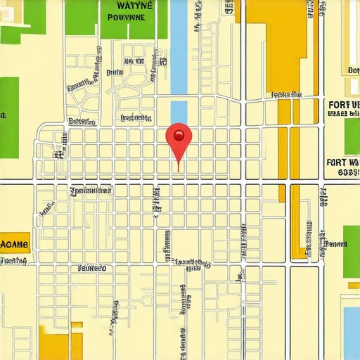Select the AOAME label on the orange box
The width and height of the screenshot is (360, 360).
[15, 245]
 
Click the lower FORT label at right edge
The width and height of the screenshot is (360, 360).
[343, 162]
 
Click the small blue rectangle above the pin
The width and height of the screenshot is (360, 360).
[179, 112]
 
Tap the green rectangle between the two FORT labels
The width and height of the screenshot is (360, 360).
[352, 136]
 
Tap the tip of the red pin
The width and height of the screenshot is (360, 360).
[179, 171]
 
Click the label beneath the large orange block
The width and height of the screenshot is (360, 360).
[285, 94]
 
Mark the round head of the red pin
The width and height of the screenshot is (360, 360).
[179, 135]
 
